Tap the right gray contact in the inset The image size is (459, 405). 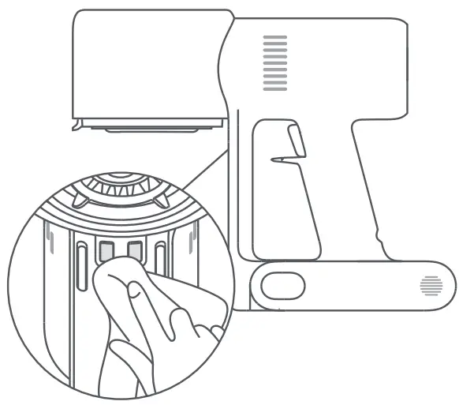pyautogui.click(x=134, y=251)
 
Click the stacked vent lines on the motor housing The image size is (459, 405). pyautogui.click(x=274, y=59)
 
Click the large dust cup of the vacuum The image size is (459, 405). pyautogui.click(x=146, y=67)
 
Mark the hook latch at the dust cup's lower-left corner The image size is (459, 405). pyautogui.click(x=76, y=124)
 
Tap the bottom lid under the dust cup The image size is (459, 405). pyautogui.click(x=150, y=125)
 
